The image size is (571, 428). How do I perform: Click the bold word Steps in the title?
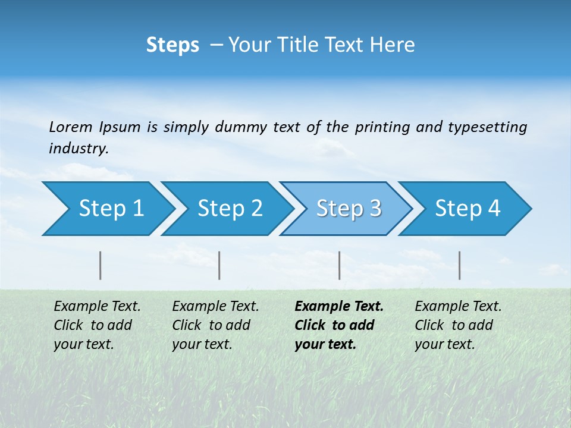(172, 45)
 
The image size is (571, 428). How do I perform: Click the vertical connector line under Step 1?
(101, 265)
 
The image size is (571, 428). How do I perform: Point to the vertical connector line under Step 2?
(219, 265)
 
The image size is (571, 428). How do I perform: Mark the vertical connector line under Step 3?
(339, 265)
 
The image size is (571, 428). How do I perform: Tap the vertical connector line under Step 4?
(460, 265)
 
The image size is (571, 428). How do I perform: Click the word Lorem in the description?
(70, 127)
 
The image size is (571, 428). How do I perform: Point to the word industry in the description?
(78, 149)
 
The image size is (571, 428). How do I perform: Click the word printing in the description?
(381, 127)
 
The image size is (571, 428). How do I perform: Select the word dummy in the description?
(240, 127)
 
